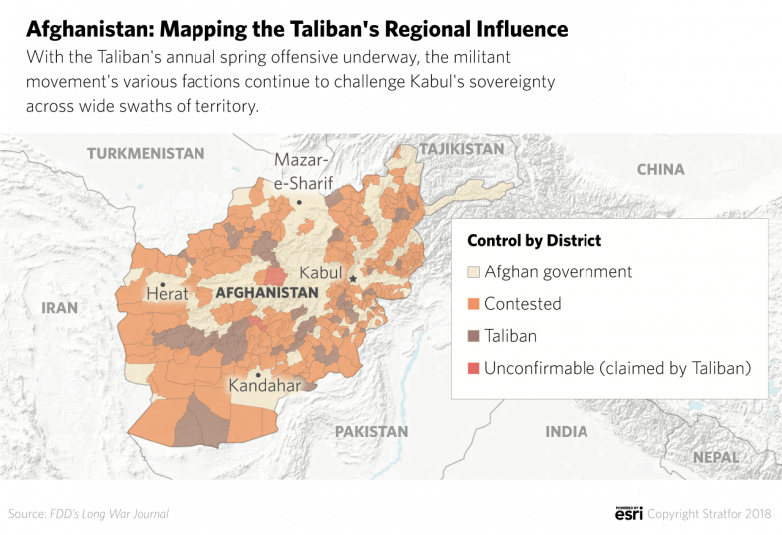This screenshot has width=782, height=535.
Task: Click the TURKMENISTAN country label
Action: [146, 154]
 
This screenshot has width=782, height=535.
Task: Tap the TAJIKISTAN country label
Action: [462, 149]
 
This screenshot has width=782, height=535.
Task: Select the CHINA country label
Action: [660, 169]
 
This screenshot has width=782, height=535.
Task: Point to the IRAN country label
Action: [59, 308]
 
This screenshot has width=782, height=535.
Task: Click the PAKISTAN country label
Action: [371, 432]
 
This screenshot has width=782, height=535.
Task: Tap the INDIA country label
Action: [566, 432]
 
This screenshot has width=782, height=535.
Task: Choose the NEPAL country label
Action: [716, 457]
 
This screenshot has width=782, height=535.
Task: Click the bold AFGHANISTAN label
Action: [266, 293]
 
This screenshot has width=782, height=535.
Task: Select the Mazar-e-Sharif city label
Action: [303, 171]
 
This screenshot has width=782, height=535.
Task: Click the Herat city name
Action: [166, 294]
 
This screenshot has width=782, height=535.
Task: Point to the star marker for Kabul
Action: [353, 279]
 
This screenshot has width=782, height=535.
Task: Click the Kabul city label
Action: [321, 272]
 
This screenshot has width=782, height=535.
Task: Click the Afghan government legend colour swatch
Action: [473, 272]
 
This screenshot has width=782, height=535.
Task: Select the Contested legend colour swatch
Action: [473, 304]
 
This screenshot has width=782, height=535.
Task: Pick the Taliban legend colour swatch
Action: [473, 336]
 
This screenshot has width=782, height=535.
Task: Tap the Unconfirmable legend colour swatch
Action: [473, 369]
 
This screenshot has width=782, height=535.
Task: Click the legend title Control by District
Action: [534, 241]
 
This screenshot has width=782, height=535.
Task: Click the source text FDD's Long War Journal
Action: [109, 514]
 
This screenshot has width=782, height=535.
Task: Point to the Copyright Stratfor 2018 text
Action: [709, 514]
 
